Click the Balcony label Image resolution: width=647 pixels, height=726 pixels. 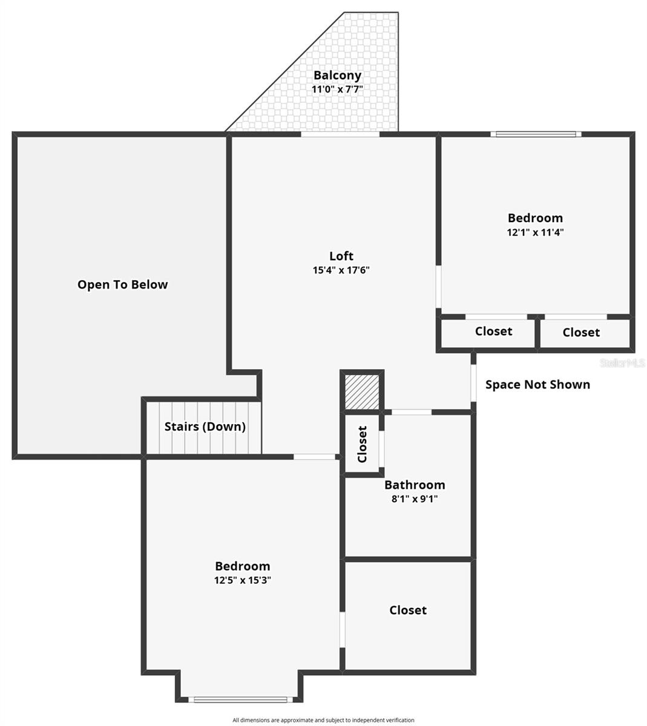(x=337, y=75)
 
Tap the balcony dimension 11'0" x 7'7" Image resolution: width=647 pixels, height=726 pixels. (x=337, y=89)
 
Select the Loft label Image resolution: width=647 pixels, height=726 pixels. (x=341, y=256)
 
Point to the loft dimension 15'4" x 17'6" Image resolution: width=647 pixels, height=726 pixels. (x=341, y=270)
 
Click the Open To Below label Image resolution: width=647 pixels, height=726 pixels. (x=123, y=284)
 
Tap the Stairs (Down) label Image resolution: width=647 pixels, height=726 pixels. (x=205, y=427)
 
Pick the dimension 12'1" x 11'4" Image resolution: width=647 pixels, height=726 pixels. (x=535, y=232)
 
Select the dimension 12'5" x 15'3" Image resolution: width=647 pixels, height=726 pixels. (x=242, y=580)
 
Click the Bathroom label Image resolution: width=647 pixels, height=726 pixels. (x=415, y=485)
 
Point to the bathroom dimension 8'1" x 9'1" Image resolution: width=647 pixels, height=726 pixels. (x=415, y=499)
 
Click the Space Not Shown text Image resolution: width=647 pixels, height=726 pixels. (x=537, y=385)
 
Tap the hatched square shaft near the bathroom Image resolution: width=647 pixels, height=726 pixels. (x=362, y=391)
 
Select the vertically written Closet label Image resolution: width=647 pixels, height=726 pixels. (x=362, y=444)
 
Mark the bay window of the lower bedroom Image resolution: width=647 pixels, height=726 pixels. (x=238, y=699)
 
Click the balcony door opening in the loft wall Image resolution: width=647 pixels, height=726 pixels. (x=340, y=134)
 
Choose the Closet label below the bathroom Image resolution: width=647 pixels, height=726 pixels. (x=408, y=610)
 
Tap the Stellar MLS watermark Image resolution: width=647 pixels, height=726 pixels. (x=622, y=363)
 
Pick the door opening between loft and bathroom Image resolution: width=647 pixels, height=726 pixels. (x=412, y=412)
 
